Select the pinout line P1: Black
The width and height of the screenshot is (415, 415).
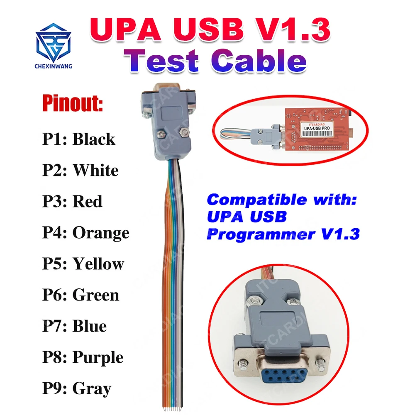79,139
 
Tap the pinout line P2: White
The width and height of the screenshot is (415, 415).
81,170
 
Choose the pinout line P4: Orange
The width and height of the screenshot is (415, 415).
86,233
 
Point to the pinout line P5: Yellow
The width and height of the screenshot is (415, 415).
83,264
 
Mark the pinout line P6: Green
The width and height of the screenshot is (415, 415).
81,295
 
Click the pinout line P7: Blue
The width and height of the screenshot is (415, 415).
74,326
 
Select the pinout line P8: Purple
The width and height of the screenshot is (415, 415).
83,357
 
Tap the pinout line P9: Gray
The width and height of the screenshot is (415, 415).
77,389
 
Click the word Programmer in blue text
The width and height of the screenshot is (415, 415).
257,234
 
